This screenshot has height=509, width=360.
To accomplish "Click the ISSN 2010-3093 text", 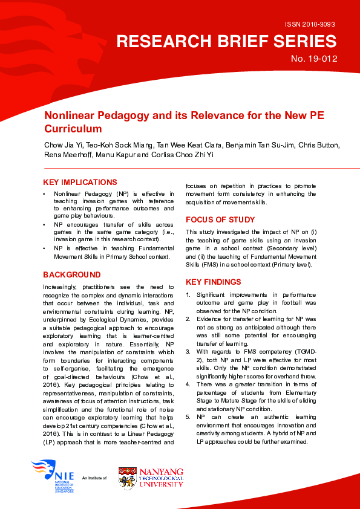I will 309,24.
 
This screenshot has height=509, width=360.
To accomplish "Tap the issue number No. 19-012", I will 314,59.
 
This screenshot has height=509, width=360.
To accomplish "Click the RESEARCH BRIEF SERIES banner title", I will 226,41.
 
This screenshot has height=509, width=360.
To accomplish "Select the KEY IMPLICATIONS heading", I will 80,182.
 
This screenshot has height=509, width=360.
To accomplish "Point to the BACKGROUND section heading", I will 71,274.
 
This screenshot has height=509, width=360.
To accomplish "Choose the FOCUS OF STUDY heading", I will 220,219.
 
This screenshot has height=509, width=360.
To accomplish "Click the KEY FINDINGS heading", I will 213,282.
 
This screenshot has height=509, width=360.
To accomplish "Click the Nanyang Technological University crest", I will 127,478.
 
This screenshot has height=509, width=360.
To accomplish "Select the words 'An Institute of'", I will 94,478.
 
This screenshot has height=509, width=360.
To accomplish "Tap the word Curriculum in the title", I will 73,129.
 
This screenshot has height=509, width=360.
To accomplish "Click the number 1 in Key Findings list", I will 188,294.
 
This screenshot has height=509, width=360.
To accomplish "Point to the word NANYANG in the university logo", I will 162,470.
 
